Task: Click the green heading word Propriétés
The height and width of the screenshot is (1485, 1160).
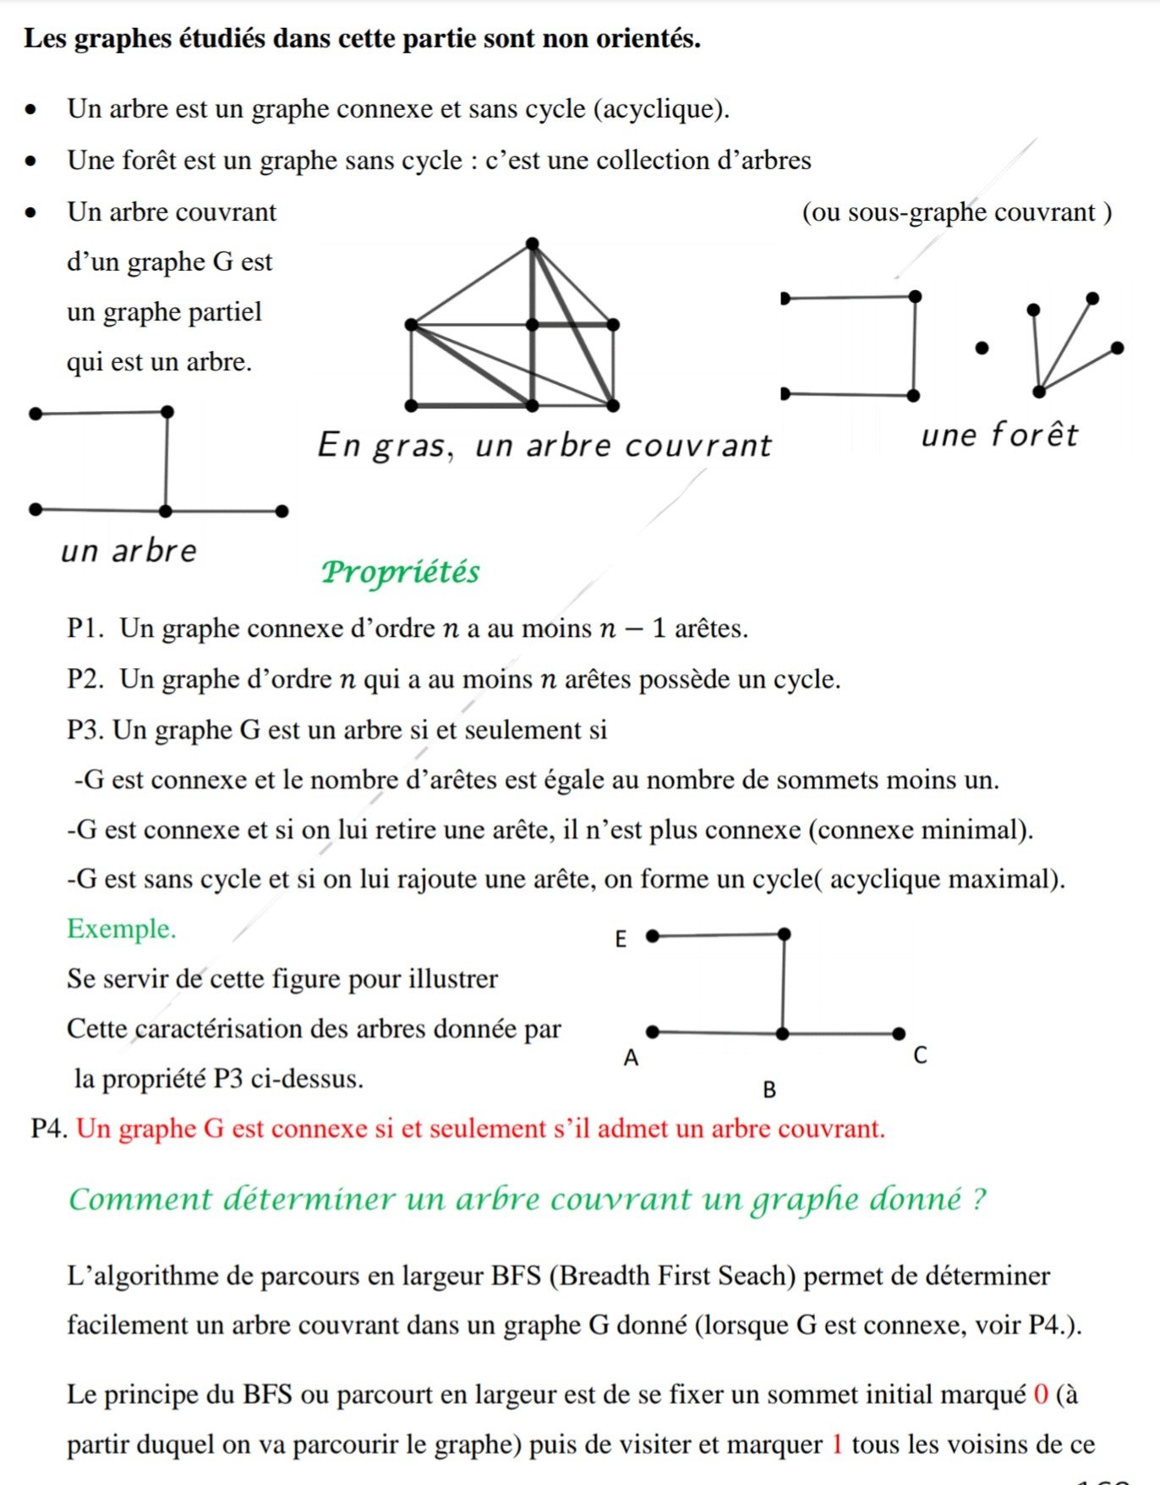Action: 400,573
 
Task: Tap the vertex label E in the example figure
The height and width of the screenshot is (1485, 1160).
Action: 621,939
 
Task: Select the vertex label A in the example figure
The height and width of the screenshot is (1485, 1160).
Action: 631,1057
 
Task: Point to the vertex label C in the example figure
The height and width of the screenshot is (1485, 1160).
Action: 921,1055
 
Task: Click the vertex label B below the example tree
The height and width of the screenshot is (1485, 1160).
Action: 769,1089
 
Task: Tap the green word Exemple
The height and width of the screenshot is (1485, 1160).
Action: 122,929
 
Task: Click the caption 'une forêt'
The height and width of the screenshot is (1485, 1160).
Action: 999,435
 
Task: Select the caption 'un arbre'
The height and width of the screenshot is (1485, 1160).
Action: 129,551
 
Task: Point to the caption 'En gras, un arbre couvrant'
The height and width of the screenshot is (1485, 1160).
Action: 544,445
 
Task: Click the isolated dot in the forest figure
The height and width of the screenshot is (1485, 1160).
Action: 982,348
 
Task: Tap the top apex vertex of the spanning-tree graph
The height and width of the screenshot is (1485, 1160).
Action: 532,244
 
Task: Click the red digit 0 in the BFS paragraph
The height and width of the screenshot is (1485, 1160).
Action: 1041,1395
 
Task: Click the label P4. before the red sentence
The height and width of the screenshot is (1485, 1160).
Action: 49,1128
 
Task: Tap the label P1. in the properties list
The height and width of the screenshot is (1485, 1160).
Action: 86,628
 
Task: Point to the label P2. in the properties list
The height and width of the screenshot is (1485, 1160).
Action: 86,679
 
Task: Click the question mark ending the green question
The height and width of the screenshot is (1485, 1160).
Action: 978,1199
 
